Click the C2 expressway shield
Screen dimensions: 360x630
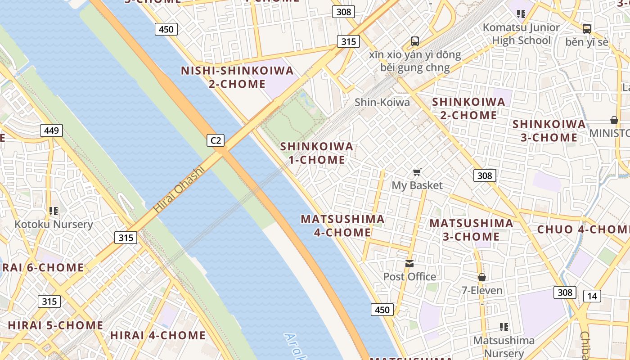(216, 140)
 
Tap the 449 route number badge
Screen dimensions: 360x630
(51, 131)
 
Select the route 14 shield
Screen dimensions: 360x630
(592, 296)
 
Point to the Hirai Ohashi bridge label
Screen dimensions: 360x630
(179, 190)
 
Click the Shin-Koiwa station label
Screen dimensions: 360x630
(382, 102)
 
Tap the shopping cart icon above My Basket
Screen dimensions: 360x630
(417, 172)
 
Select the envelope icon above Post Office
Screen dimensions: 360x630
(409, 263)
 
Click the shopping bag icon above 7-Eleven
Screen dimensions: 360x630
(482, 277)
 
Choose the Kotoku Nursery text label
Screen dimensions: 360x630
(54, 224)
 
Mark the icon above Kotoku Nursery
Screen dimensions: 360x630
(54, 211)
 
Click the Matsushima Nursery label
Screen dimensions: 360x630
(504, 347)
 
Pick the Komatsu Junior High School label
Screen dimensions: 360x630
(521, 34)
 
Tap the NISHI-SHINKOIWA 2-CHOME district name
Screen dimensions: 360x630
(237, 77)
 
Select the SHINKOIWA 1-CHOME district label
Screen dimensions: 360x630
(317, 153)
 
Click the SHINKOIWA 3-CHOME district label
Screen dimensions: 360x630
(549, 130)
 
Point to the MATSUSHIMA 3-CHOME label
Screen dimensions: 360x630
(471, 229)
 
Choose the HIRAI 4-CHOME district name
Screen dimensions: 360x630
(157, 335)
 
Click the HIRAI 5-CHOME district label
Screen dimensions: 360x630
(55, 325)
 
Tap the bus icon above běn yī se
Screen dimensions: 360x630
(586, 29)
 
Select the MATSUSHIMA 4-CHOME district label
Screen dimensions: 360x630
(342, 225)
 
